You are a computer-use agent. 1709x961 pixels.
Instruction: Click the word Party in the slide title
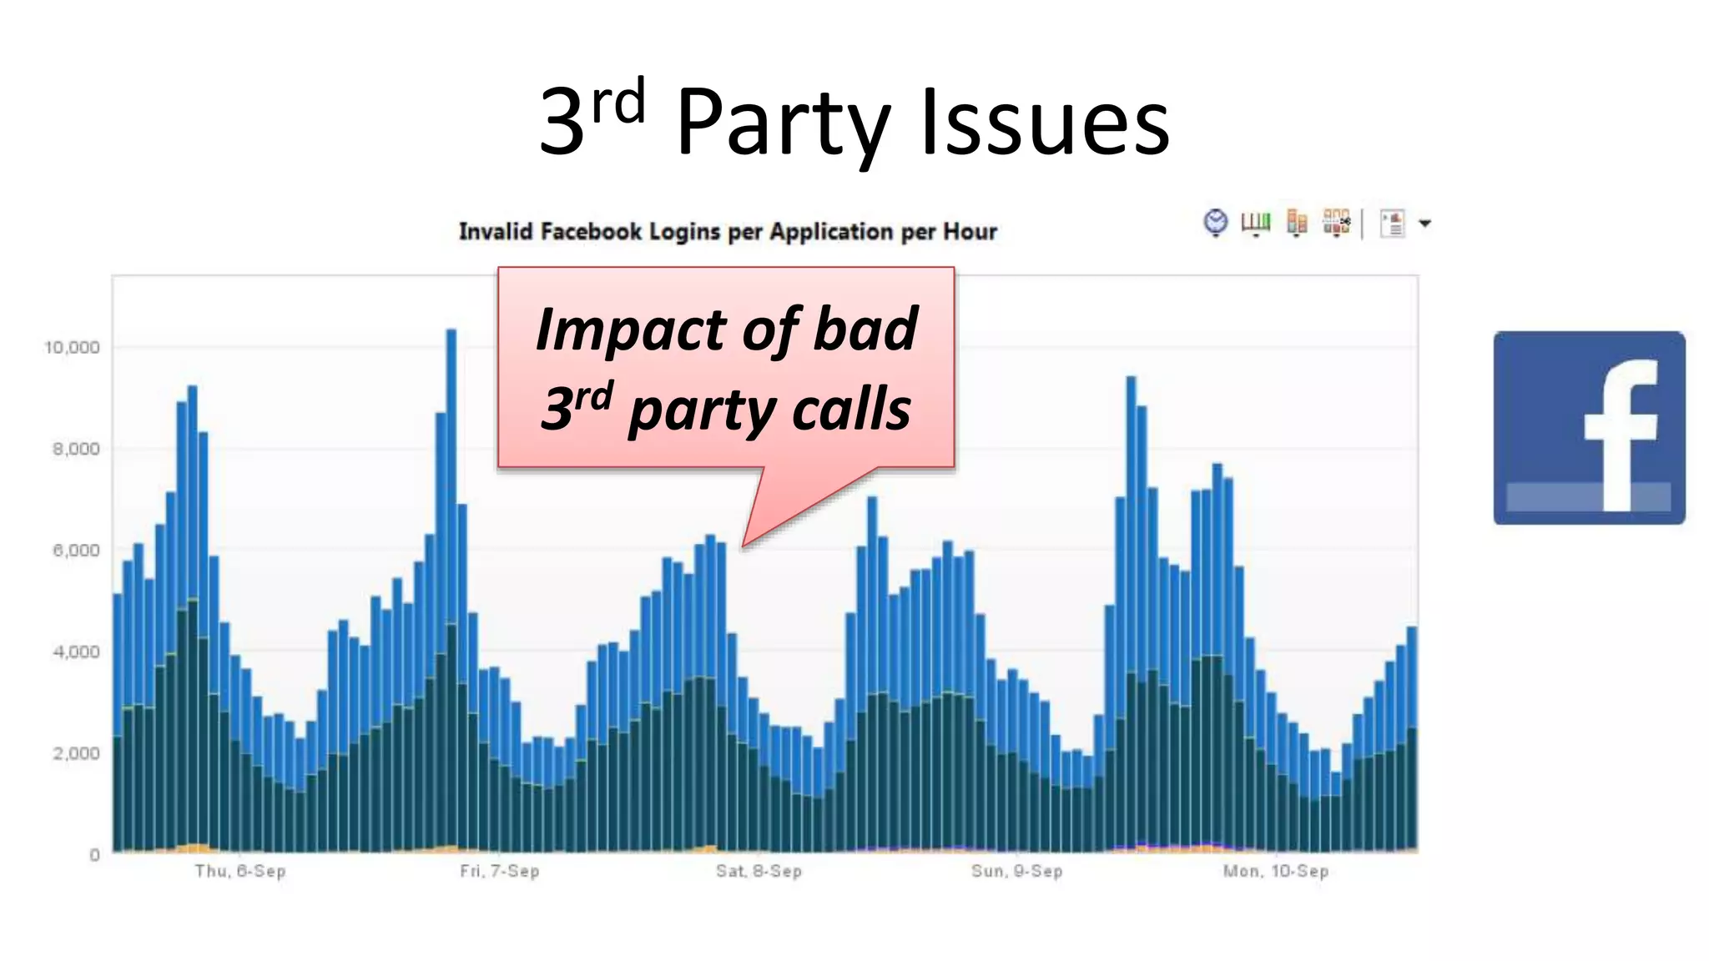783,123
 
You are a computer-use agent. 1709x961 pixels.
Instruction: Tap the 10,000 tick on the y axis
72,347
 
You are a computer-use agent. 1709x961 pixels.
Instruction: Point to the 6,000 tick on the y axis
76,551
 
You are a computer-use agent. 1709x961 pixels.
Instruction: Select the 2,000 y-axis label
76,753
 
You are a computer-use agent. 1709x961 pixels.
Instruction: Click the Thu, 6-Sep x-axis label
240,871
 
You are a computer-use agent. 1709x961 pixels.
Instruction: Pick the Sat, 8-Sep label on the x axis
759,871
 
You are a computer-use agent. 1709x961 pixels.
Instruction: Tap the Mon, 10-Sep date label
1275,871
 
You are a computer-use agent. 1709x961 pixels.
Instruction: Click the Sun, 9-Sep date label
1016,871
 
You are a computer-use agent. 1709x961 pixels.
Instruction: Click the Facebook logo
1589,427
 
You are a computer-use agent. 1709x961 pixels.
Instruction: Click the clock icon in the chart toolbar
1216,222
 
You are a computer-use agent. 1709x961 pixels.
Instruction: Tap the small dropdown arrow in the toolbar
1425,224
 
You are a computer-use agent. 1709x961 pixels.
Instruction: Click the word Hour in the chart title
970,231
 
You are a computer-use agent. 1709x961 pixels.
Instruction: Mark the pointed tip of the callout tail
744,546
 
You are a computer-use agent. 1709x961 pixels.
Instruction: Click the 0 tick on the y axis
94,855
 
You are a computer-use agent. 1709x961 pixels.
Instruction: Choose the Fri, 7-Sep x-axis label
499,871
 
